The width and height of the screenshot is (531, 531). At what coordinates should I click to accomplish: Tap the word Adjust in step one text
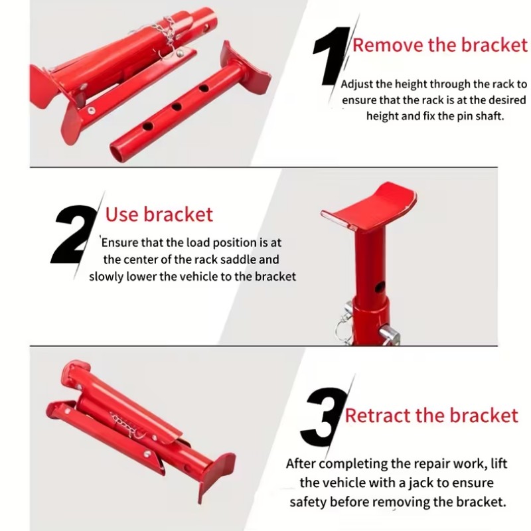tap(357, 84)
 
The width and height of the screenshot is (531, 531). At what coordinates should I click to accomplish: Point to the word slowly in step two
tap(106, 277)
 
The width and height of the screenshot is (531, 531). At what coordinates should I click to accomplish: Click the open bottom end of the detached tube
tap(117, 153)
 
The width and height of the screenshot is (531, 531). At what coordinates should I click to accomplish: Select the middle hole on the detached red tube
tap(176, 107)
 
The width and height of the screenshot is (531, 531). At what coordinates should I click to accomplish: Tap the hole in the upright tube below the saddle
tap(380, 287)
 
